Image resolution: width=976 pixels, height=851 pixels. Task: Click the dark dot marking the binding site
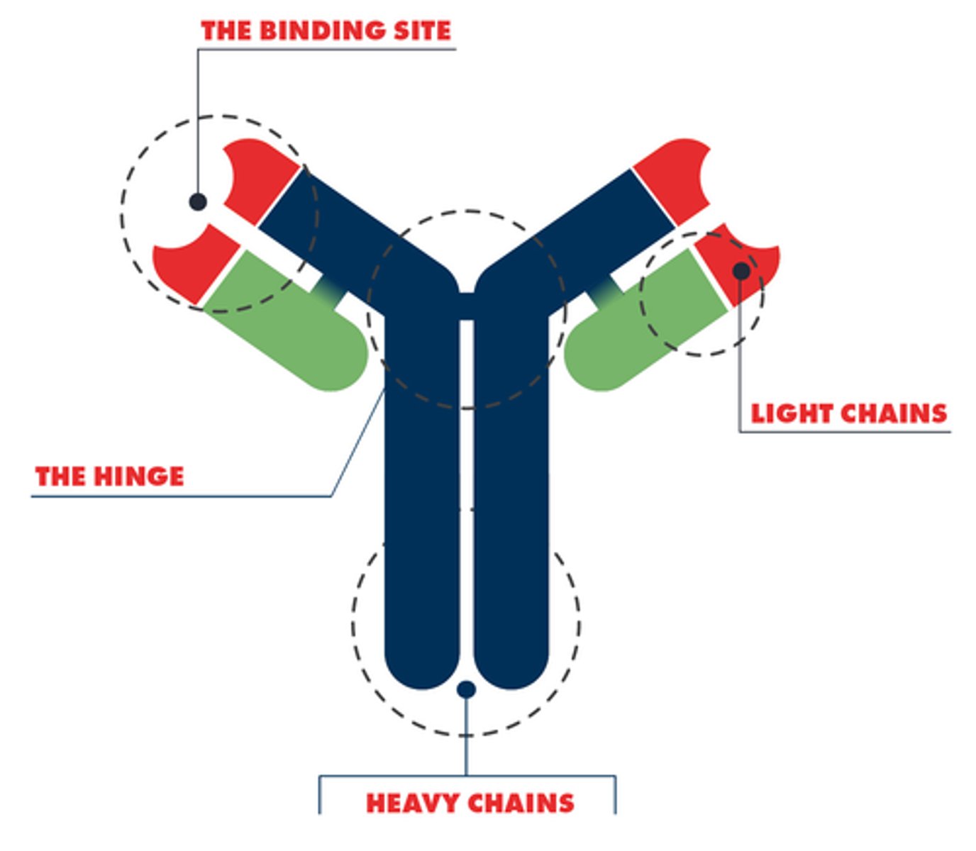tap(198, 201)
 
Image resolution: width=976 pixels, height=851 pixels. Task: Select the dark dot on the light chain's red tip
tap(741, 270)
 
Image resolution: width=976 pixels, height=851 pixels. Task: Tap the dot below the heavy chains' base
tap(466, 689)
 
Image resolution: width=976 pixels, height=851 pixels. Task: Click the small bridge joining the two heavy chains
tap(466, 304)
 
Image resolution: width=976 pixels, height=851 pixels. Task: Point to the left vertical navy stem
tap(421, 496)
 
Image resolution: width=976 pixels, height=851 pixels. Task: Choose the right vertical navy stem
tap(511, 496)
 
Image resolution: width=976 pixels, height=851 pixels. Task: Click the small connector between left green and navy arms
tap(329, 289)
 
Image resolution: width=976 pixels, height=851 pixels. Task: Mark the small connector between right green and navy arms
tap(604, 289)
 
